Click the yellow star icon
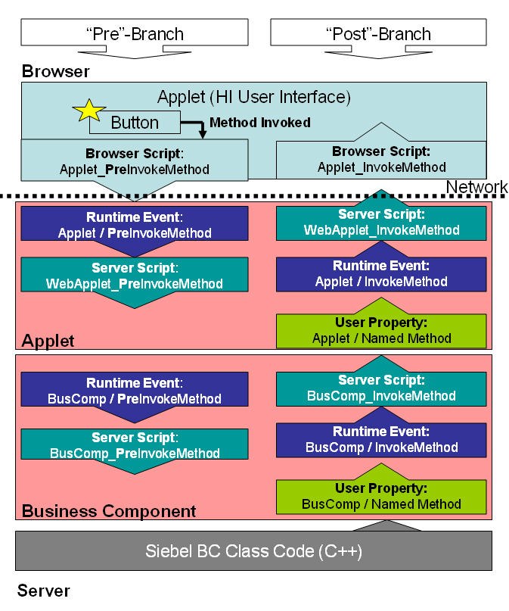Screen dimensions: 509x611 [89, 111]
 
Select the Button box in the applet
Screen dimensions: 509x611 [135, 123]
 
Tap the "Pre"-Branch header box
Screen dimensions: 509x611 [135, 33]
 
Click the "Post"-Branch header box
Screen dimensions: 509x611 [378, 33]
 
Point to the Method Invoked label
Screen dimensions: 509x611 [260, 123]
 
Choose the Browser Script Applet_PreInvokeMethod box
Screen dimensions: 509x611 [135, 161]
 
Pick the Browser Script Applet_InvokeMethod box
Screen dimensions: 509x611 [381, 159]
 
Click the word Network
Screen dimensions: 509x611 [476, 187]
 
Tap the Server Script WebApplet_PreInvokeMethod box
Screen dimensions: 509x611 [135, 275]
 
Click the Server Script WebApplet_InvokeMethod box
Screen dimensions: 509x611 [381, 223]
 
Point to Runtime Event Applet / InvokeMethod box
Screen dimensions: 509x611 [381, 274]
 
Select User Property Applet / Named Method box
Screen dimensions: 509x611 [381, 331]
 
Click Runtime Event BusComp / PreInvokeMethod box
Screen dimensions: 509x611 [135, 390]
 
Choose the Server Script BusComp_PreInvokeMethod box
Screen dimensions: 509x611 [135, 444]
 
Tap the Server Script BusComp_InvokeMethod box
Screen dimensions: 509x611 [381, 389]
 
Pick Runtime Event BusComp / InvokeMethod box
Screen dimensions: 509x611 [381, 440]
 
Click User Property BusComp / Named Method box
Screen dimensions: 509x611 [381, 497]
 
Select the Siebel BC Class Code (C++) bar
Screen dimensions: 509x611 [253, 550]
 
